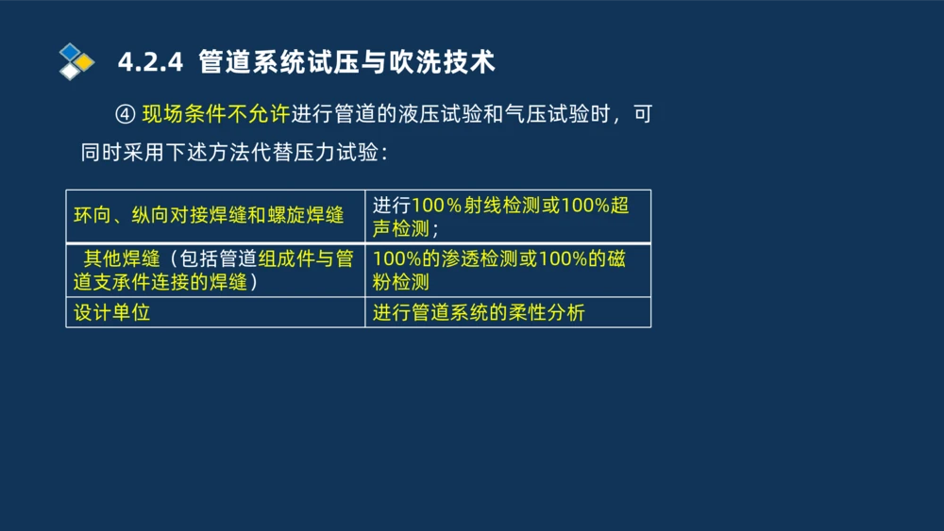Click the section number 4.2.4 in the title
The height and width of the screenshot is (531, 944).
coord(148,62)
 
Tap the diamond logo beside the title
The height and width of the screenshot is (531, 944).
coord(76,61)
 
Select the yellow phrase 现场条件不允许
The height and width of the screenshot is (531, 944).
coord(215,115)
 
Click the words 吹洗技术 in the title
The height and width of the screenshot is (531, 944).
coord(456,62)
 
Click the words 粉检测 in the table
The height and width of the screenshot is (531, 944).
coord(401,281)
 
